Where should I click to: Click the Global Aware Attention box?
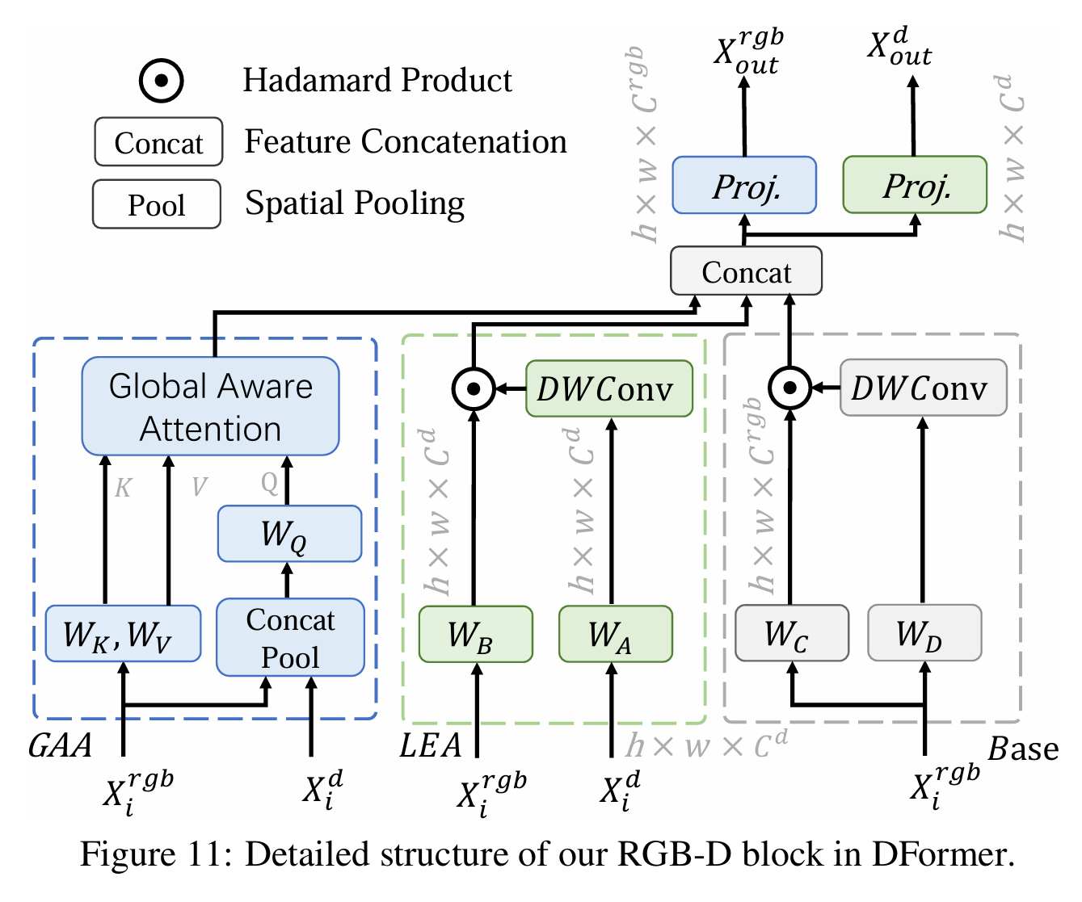(210, 406)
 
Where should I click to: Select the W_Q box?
(289, 533)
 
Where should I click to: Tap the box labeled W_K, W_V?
(124, 633)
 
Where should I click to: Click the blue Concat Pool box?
(290, 637)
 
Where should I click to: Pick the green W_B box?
(476, 634)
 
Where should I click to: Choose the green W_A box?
(616, 634)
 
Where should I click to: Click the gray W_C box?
(792, 633)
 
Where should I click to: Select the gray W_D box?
(925, 633)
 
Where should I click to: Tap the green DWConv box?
(609, 388)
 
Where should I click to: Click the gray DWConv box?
(924, 388)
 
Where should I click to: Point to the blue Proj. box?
(745, 185)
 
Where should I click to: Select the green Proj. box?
(916, 184)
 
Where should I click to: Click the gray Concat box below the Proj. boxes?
(746, 271)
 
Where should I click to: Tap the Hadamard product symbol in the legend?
(161, 81)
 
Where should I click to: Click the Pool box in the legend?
(157, 204)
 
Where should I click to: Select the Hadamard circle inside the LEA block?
(474, 389)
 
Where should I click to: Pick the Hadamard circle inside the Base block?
(789, 388)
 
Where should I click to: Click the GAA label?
(60, 746)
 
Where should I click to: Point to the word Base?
(1023, 749)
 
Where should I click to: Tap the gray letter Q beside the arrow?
(269, 484)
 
